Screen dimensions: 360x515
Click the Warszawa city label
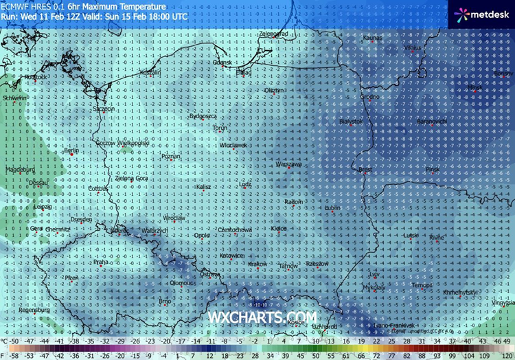tap(288, 165)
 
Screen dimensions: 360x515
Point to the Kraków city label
tap(257, 264)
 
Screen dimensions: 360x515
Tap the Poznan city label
tap(170, 157)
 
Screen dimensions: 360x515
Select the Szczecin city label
tap(104, 109)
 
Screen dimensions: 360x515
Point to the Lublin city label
tap(333, 207)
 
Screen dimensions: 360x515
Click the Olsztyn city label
tap(274, 90)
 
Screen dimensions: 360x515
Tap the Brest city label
tap(365, 168)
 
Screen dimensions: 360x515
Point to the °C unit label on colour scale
tap(5, 341)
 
